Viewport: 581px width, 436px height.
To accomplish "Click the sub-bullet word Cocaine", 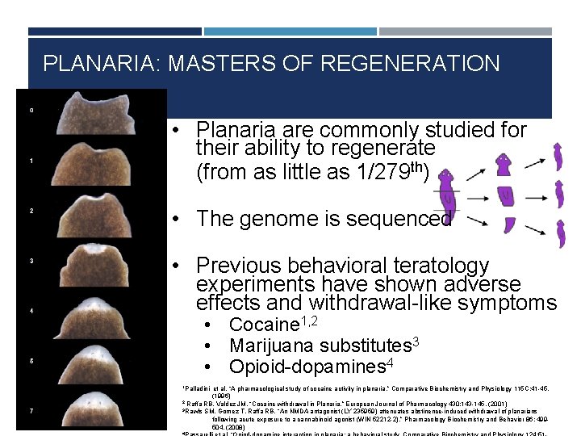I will (264, 325).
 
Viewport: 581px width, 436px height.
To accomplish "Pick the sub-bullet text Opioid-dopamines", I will (305, 367).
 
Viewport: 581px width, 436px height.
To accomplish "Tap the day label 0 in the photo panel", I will (31, 110).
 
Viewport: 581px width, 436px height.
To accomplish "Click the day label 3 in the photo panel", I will (31, 261).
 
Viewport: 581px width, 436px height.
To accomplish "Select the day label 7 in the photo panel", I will (31, 411).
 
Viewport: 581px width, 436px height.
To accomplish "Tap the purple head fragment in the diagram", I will (503, 166).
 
